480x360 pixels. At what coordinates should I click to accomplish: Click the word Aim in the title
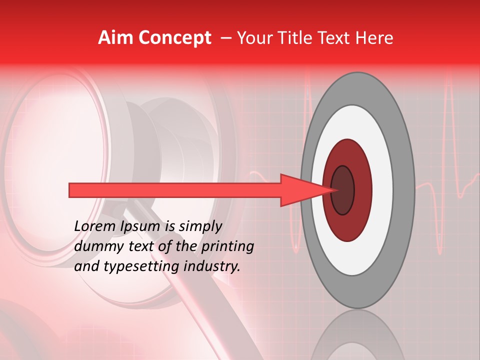115,38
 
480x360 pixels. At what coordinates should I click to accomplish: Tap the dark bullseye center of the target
342,190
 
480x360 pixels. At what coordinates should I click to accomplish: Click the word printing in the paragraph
227,247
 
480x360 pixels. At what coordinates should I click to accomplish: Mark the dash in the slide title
226,38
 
